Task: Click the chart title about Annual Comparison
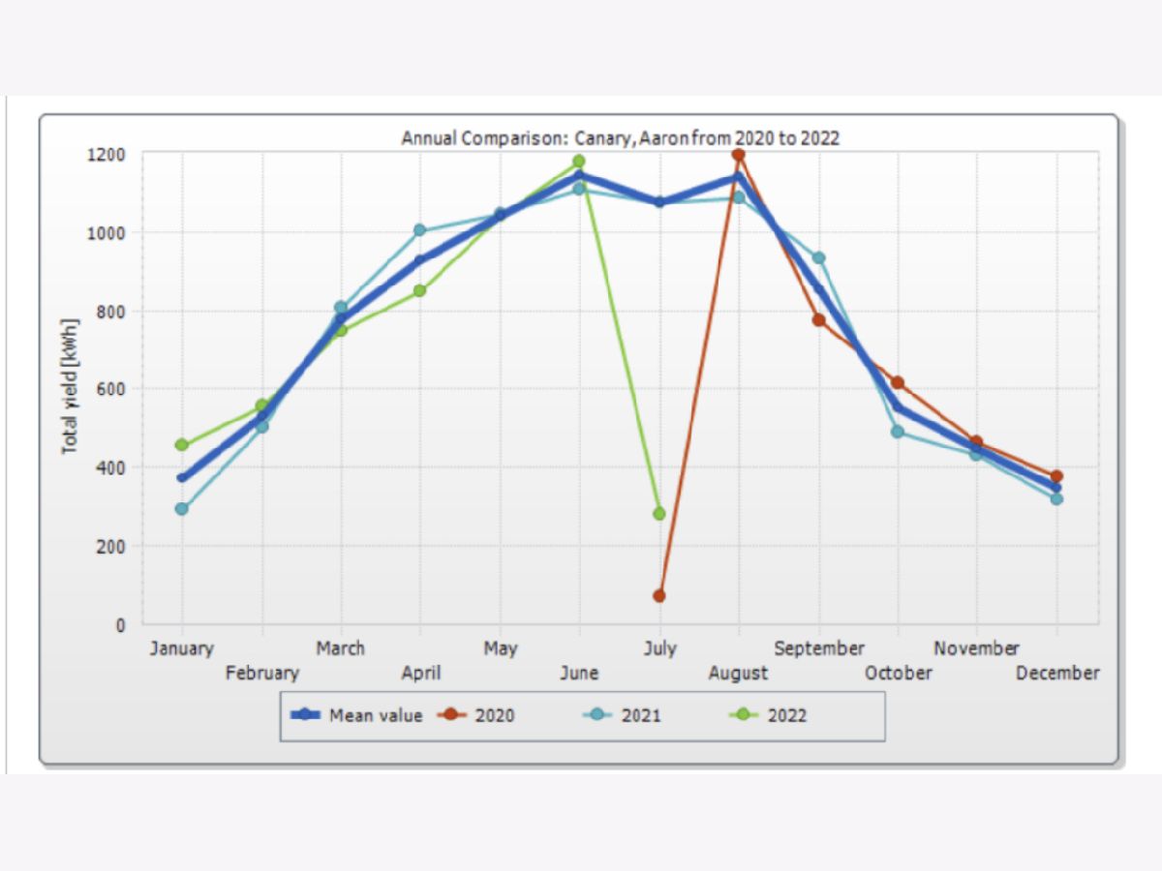pos(621,138)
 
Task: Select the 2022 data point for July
pos(659,514)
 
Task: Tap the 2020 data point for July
pos(659,595)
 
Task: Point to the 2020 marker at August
pos(739,155)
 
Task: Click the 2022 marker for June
pos(579,162)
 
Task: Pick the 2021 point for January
pos(182,509)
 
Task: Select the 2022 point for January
pos(182,445)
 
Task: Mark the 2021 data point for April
pos(420,230)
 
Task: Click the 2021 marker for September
pos(819,258)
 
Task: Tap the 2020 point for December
pos(1056,476)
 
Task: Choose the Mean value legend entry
pos(357,716)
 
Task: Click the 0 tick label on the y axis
pos(120,624)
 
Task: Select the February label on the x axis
pos(262,673)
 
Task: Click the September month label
pos(819,648)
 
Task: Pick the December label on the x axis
pos(1057,673)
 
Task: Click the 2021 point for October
pos(899,432)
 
